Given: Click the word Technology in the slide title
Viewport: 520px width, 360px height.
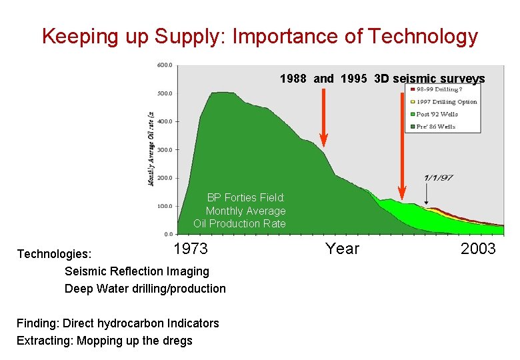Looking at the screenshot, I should click(x=425, y=37).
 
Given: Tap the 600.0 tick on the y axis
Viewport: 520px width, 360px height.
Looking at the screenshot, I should click(x=164, y=65).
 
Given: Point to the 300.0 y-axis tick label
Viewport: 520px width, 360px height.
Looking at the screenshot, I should click(x=164, y=150).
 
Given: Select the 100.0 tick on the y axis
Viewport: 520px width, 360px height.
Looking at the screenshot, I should click(x=164, y=206).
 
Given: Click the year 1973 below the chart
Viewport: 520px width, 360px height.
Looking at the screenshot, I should click(x=191, y=249).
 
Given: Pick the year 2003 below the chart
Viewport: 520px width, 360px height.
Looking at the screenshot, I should click(x=478, y=249).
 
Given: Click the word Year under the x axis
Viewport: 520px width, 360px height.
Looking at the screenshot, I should click(x=342, y=249).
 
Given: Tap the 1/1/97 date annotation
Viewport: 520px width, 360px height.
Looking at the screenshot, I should click(x=438, y=178).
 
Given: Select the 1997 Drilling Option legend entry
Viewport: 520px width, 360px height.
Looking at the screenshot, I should click(x=447, y=101).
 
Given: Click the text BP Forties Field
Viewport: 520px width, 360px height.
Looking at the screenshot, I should click(x=245, y=197).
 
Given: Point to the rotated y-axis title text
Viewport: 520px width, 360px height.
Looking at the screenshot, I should click(x=151, y=149).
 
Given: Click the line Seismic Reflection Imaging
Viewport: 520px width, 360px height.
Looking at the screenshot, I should click(x=137, y=271).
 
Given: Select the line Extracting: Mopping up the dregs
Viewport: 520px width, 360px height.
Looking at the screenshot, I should click(x=105, y=341).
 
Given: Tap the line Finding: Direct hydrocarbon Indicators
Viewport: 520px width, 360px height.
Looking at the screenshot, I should click(x=118, y=323).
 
